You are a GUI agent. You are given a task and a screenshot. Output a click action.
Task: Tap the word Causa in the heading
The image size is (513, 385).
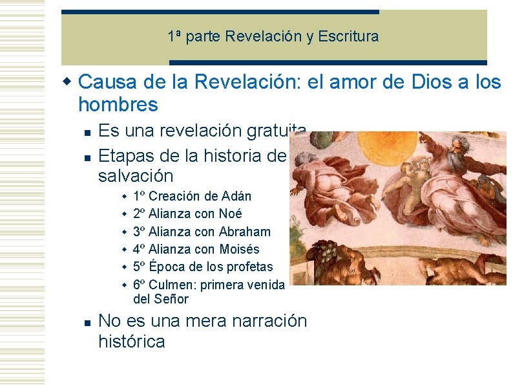(103, 83)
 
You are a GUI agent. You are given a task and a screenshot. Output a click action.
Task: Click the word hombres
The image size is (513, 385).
(118, 104)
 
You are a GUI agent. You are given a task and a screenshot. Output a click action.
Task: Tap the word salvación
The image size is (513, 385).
(136, 175)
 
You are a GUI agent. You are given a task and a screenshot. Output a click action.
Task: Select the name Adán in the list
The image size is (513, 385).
(236, 196)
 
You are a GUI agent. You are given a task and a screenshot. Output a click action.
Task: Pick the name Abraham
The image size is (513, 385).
(245, 232)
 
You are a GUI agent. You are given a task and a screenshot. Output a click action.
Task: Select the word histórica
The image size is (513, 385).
(131, 342)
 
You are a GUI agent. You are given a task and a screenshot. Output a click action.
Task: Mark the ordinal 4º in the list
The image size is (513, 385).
(139, 249)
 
